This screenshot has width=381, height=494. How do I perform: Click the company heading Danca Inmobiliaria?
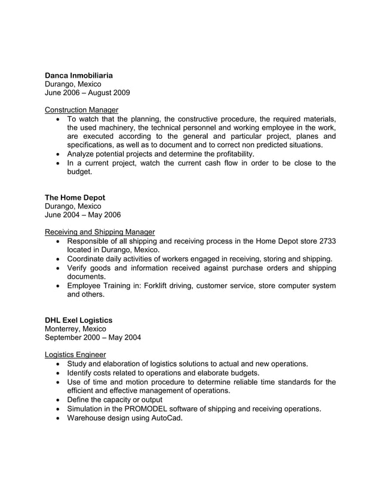[79, 76]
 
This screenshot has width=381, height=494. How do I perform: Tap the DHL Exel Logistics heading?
[78, 321]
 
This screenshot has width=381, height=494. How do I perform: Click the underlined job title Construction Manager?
[81, 109]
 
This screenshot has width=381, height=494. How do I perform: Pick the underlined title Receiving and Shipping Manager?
[100, 231]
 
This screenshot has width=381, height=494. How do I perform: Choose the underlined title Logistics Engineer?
[75, 355]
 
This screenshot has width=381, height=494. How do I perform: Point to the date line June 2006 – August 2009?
[87, 93]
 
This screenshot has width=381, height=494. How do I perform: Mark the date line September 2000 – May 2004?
[93, 337]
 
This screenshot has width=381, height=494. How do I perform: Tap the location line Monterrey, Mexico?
[75, 329]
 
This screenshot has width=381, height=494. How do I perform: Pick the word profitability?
[228, 154]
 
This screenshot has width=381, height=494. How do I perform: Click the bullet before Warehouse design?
[57, 419]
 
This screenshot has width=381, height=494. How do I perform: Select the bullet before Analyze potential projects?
[57, 154]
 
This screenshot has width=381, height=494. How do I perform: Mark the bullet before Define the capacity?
[57, 400]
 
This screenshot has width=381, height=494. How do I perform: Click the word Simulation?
[87, 409]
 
